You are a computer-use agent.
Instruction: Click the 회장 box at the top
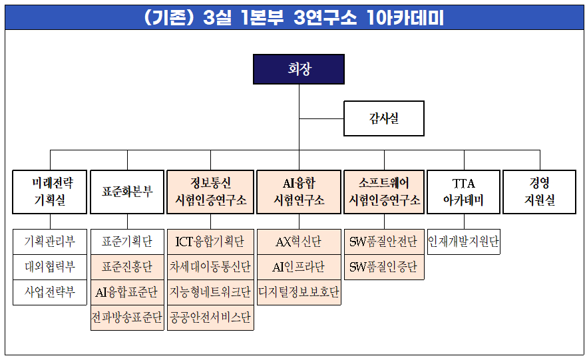[299, 69]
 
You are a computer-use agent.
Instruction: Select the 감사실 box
[383, 118]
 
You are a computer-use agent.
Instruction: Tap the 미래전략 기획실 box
[50, 192]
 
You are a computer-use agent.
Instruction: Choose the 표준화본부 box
[126, 192]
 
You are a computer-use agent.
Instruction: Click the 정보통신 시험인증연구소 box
[210, 192]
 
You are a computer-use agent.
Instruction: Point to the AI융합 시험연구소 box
[299, 192]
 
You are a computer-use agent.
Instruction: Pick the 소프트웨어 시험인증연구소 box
[384, 192]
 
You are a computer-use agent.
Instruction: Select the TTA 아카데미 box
[463, 192]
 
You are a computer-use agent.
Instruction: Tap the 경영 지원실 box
[539, 192]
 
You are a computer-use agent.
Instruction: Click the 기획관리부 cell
[50, 242]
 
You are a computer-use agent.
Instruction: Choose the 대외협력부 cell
[50, 267]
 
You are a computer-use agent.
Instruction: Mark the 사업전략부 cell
[50, 292]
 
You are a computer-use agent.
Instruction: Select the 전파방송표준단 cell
[126, 318]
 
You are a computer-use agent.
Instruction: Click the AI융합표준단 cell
[126, 292]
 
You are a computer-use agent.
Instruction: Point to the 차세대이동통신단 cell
[210, 267]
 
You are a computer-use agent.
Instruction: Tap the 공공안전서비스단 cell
[210, 318]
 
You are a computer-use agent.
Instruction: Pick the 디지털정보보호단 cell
[299, 292]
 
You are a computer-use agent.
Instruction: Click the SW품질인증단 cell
[384, 267]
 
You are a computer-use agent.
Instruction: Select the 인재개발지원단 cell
[463, 242]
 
